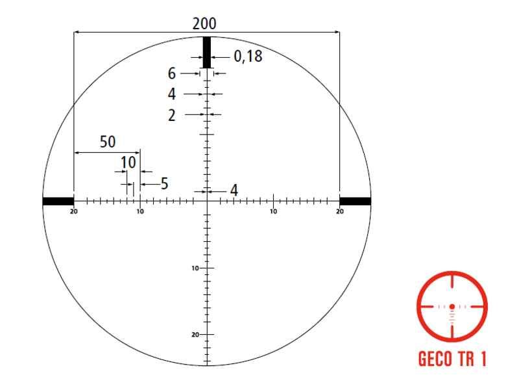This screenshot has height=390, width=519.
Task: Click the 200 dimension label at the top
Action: click(x=204, y=23)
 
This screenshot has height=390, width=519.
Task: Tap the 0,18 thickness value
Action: click(x=248, y=56)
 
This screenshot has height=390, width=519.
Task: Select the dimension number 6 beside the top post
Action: click(x=171, y=73)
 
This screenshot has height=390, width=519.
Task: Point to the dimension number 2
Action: click(x=171, y=116)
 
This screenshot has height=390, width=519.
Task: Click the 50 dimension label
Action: click(x=108, y=142)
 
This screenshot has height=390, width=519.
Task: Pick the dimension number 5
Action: click(x=165, y=183)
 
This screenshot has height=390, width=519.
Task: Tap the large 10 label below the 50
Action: click(x=128, y=162)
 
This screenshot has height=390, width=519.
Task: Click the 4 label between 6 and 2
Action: click(x=171, y=94)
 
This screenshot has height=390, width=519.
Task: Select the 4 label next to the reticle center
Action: click(x=234, y=190)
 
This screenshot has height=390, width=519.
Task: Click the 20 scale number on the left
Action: click(x=73, y=211)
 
